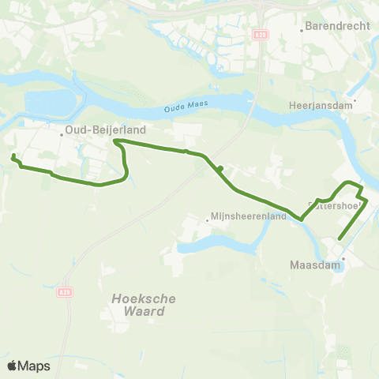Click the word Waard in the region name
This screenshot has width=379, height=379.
(149, 311)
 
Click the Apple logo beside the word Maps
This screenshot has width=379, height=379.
(13, 366)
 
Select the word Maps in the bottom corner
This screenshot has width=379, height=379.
(34, 366)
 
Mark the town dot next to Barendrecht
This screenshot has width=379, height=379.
(302, 32)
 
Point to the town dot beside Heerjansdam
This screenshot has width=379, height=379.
(355, 100)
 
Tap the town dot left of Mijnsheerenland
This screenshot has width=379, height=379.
(207, 220)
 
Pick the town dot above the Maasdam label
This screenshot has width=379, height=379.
(343, 257)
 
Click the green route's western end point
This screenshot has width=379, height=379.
(13, 156)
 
